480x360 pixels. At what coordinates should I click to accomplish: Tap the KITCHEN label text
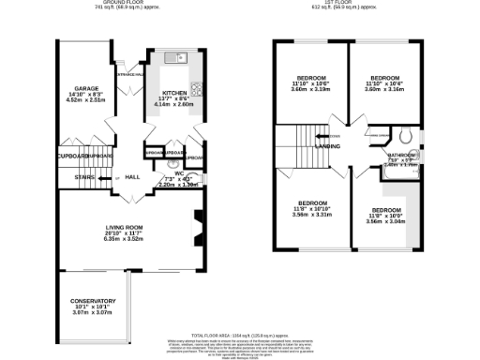[x=174, y=94]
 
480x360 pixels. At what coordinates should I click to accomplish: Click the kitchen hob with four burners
[x=197, y=90]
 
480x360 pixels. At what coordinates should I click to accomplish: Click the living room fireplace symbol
[x=198, y=227]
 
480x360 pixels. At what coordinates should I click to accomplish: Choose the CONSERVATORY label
[x=93, y=301]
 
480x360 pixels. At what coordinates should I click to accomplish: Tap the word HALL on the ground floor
[x=132, y=176]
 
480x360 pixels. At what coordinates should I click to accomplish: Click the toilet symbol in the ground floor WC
[x=173, y=153]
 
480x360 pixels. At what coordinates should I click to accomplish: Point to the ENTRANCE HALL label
[x=129, y=74]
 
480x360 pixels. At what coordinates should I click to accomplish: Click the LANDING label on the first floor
[x=327, y=146]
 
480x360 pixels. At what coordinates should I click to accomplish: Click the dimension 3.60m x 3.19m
[x=311, y=89]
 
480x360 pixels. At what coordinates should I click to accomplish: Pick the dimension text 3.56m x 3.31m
[x=311, y=215]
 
